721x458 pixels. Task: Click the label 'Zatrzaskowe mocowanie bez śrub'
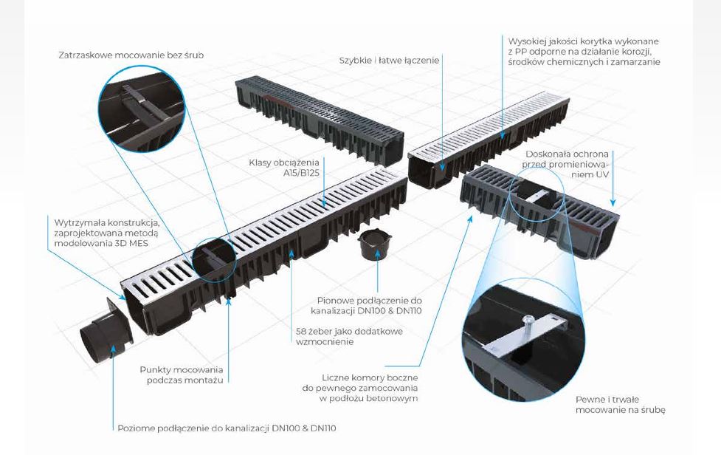[131, 55]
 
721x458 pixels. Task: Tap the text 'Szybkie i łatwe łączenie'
[390, 61]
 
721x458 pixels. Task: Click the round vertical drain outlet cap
[375, 245]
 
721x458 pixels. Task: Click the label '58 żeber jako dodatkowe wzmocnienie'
[350, 336]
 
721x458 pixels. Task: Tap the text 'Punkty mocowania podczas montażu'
[182, 375]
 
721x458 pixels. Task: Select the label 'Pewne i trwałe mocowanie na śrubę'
[621, 404]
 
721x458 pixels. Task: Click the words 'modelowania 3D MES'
[101, 242]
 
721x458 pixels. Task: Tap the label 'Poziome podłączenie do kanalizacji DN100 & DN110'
[227, 428]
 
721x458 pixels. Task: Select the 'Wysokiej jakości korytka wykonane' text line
[583, 41]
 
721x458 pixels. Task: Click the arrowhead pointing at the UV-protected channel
[613, 202]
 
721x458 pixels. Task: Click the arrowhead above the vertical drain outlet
[378, 253]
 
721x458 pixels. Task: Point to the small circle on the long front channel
[214, 259]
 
